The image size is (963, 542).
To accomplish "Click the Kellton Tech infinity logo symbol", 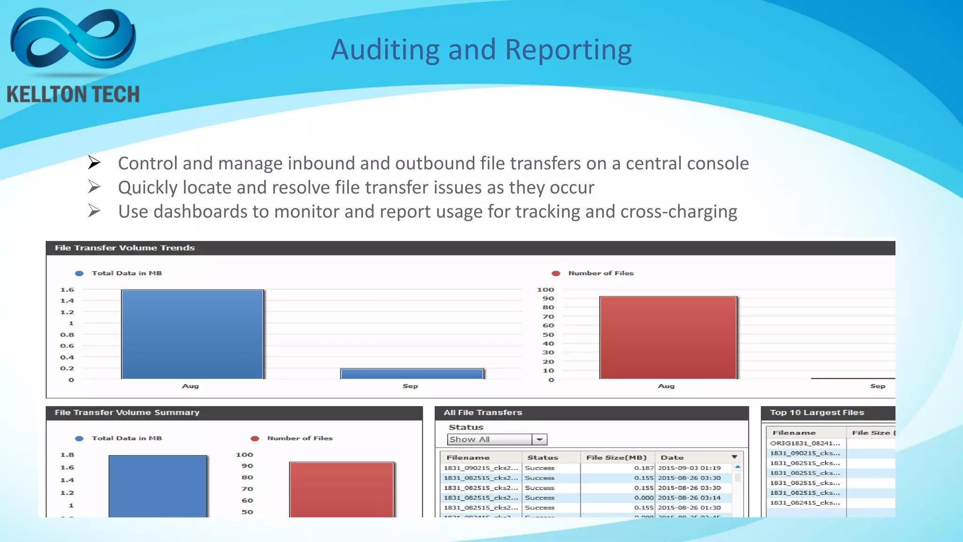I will point(73,40).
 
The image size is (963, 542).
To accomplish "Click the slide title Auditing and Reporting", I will point(481,50).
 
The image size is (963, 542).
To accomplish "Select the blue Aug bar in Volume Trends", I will point(192,334).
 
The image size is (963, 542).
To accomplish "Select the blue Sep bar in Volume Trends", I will point(411,374).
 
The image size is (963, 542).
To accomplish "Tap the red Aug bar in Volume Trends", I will point(668,337).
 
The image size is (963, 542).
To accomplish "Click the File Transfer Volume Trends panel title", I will point(125,248).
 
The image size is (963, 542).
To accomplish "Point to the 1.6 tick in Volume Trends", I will point(67,290).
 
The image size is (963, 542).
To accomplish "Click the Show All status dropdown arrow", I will point(540,439).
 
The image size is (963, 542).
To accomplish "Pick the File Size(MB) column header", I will point(616,457).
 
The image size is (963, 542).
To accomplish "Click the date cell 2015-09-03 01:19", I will point(689,468).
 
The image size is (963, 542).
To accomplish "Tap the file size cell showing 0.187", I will point(644,468).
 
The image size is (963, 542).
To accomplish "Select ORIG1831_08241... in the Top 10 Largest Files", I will point(805,443).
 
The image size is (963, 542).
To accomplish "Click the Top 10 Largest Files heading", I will point(817,413).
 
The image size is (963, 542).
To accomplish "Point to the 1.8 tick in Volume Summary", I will point(67,455).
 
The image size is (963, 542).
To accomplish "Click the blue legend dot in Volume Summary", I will point(79,438).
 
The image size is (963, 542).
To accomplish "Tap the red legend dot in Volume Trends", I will point(556,273).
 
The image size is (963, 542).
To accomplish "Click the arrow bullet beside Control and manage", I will point(94,163).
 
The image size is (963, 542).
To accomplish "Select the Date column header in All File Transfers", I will point(672,457).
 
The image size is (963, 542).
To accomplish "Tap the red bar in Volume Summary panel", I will point(341,489).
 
